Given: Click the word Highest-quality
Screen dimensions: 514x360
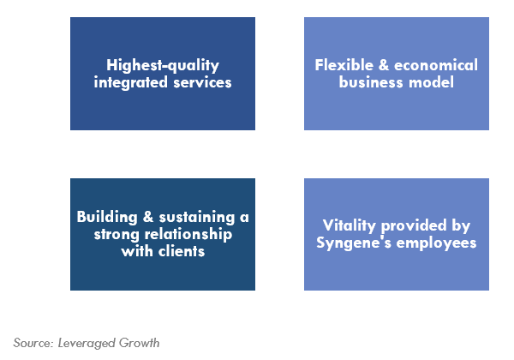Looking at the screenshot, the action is click(x=163, y=66).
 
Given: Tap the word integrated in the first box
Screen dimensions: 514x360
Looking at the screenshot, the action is click(x=131, y=82).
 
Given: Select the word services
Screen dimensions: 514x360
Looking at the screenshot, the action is click(x=202, y=82).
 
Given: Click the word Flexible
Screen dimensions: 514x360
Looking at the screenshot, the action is click(x=344, y=65).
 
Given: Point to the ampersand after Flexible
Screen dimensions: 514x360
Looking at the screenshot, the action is click(x=384, y=65).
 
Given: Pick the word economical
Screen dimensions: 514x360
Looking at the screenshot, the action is click(x=436, y=65).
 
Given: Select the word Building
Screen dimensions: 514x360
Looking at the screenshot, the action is click(x=107, y=218).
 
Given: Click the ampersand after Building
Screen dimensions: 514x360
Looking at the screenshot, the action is click(x=148, y=217).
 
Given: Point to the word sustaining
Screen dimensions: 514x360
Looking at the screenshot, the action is click(x=197, y=218).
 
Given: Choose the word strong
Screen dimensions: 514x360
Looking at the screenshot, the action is click(x=117, y=235).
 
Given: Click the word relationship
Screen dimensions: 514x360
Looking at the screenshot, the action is click(x=188, y=235).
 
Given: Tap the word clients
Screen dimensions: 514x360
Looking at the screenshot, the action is click(x=182, y=251).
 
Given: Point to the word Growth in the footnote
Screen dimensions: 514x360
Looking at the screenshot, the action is click(x=139, y=343).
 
